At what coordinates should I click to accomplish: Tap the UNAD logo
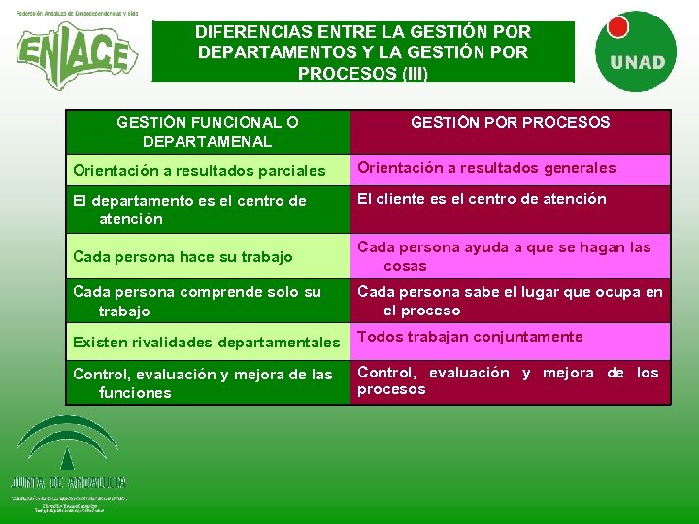pos(637,50)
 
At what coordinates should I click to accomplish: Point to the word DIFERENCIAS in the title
pos(251,31)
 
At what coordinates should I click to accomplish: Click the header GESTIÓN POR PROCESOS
pos(510,122)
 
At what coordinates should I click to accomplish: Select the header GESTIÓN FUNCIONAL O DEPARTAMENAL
pos(207,132)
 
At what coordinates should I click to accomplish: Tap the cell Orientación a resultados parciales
pos(199,171)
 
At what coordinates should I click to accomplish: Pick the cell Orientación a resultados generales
pos(486,168)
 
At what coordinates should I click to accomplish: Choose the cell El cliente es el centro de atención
pos(482,199)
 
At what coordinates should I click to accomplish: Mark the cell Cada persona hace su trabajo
pos(183,257)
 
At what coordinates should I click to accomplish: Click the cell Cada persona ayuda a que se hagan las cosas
pos(504,256)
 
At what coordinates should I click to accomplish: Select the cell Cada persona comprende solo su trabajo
pos(196,301)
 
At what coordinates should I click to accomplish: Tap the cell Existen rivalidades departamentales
pos(206,342)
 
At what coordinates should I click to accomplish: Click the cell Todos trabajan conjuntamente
pos(470,337)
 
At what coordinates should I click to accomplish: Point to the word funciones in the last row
pos(135,393)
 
